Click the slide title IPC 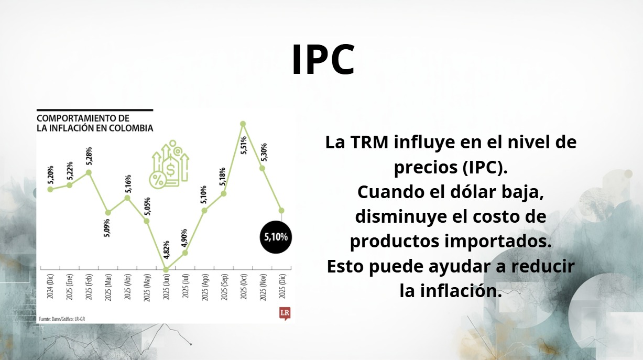point(323,60)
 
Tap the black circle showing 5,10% point(276,237)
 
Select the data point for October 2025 point(243,124)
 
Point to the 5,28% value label point(89,156)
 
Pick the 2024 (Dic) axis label point(50,286)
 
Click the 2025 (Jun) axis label point(166,287)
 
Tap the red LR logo point(285,313)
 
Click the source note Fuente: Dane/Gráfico point(62,319)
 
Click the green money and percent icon point(169,165)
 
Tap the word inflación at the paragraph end point(461,291)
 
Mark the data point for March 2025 point(108,213)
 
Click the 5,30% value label point(264,152)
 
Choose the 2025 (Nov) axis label point(263,287)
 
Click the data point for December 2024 point(50,189)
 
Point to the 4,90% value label point(184,238)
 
